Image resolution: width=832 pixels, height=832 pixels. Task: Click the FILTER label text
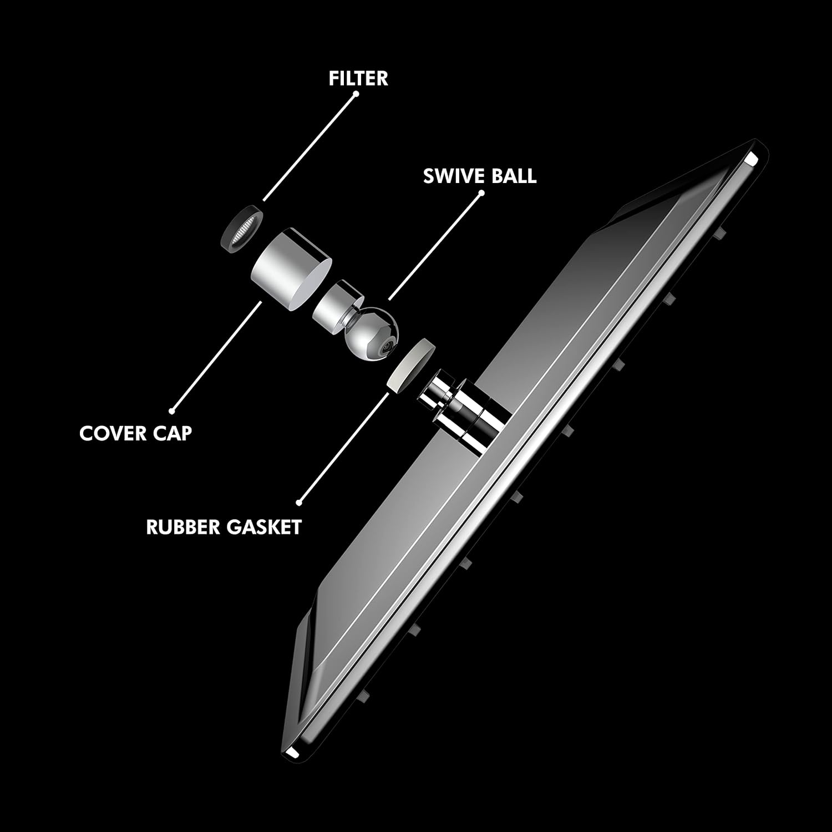tap(358, 78)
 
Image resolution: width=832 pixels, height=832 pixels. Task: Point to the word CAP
tap(172, 433)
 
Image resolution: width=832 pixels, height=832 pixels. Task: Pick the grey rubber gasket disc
tap(411, 365)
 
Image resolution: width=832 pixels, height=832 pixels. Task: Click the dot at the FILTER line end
tap(357, 94)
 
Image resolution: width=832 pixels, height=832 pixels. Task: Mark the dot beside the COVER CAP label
tap(173, 411)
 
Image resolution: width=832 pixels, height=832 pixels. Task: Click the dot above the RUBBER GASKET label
tap(300, 503)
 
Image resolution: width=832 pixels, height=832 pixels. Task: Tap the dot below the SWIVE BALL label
tap(481, 193)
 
